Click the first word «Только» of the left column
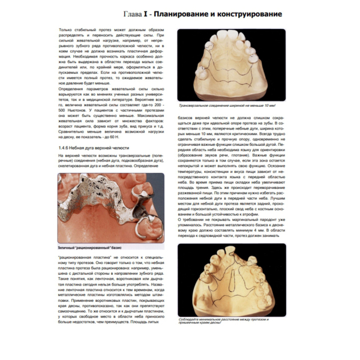click(x=65, y=29)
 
